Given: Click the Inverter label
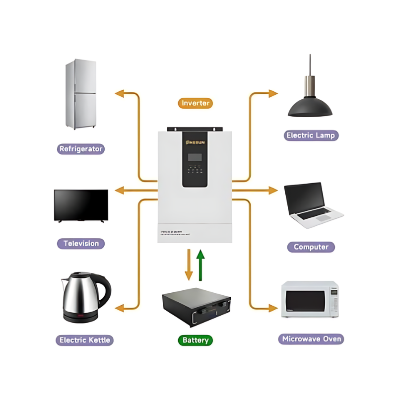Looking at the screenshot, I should point(195,103).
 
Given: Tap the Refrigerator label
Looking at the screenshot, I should point(81,149).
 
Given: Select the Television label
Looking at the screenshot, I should point(81,244).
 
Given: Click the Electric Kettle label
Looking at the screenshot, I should point(85,340).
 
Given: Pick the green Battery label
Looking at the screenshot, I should point(195,340).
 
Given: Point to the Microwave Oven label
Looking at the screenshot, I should point(312,339).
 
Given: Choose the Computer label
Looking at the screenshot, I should point(311,247).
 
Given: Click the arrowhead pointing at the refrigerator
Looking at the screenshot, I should point(120,93).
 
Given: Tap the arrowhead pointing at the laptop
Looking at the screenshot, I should point(273,190).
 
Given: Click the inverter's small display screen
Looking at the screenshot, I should point(195,157).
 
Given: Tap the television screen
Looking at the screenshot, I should point(81,204).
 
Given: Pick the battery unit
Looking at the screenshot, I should point(197,308).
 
